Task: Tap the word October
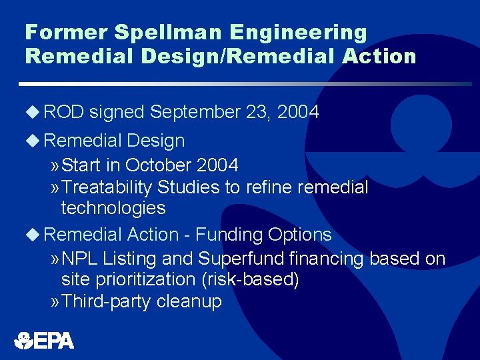click(158, 165)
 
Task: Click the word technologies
click(113, 209)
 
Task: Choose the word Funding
click(231, 235)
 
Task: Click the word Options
click(299, 235)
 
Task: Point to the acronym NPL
click(80, 259)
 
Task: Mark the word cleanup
click(189, 302)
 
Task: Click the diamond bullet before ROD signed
click(33, 113)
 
